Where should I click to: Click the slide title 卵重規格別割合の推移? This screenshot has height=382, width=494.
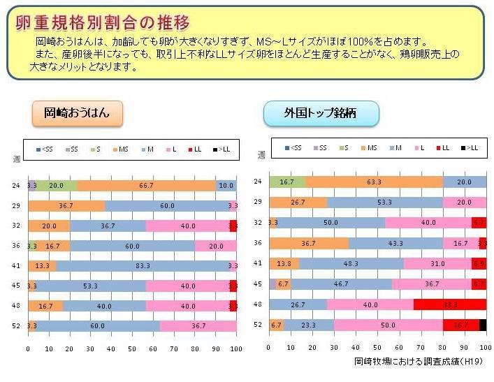(103, 22)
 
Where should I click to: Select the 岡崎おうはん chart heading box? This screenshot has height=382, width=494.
(77, 112)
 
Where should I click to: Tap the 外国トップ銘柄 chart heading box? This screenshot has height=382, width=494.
(321, 113)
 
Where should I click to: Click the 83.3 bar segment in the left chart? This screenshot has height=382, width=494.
(143, 265)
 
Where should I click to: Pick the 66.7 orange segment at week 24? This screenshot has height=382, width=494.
(146, 186)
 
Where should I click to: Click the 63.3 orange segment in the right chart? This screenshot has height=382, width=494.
(374, 182)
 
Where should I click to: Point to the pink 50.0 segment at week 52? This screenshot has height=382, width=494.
(388, 325)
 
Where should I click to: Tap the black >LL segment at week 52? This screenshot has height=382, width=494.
(483, 325)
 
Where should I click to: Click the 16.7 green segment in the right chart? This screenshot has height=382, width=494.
(287, 182)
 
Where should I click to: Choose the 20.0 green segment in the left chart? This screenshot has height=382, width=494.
(57, 186)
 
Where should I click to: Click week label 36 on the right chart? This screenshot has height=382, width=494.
(257, 243)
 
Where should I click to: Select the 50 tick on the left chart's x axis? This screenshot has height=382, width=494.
(132, 348)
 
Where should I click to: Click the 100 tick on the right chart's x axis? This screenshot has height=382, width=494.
(485, 347)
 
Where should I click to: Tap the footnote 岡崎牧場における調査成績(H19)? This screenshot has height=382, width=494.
(419, 362)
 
